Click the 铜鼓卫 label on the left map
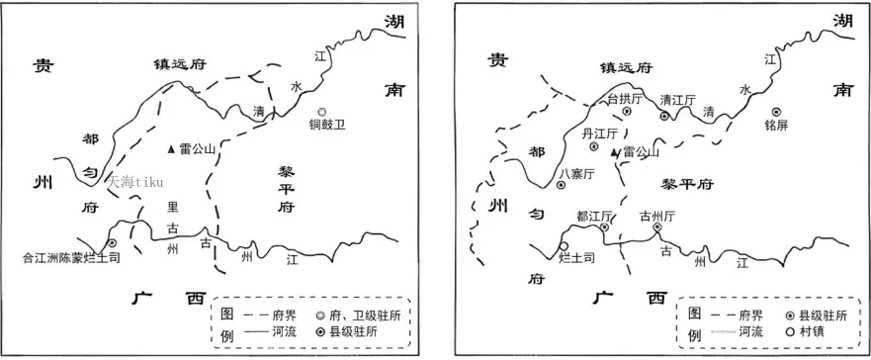[325, 126]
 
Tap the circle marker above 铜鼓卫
[322, 112]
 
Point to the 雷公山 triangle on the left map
[172, 148]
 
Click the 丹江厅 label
[600, 133]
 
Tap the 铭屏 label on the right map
[778, 126]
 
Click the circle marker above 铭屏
[777, 112]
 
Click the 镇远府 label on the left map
[178, 64]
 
